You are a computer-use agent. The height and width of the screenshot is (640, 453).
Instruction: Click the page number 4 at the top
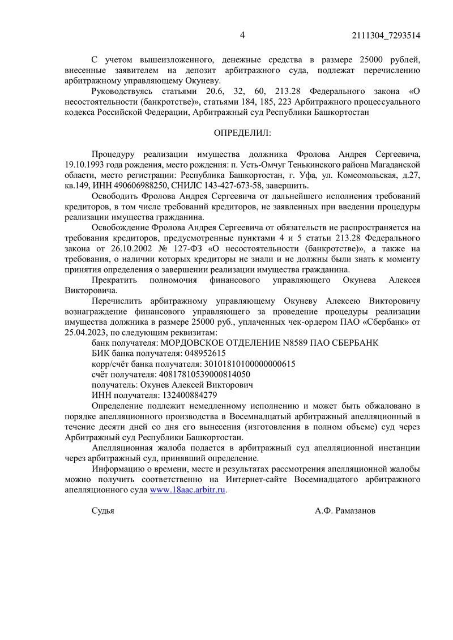[x=242, y=35]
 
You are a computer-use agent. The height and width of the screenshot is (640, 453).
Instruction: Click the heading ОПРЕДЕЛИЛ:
[x=242, y=133]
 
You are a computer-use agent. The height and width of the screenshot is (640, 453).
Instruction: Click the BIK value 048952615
[x=202, y=353]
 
